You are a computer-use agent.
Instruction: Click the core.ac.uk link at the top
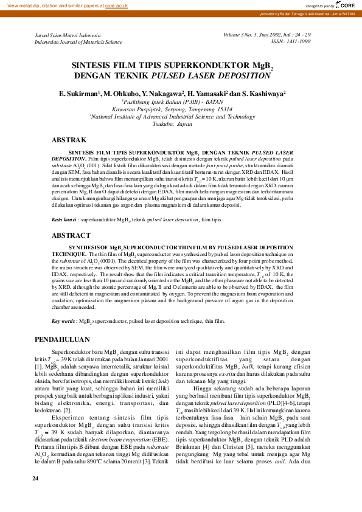tap(116, 5)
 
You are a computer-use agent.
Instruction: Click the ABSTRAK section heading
tap(69, 140)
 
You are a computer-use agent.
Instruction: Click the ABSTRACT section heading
tap(71, 235)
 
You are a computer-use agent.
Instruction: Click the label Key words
tap(63, 320)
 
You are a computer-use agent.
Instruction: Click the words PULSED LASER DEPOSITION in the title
tap(211, 76)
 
